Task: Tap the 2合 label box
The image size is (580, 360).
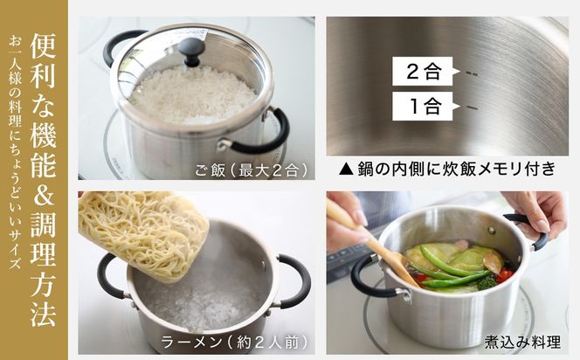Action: pyautogui.click(x=423, y=72)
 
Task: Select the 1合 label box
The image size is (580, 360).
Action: pyautogui.click(x=423, y=109)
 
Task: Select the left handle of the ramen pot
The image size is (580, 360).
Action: pyautogui.click(x=110, y=276)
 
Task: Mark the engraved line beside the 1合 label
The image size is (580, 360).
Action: pyautogui.click(x=473, y=109)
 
